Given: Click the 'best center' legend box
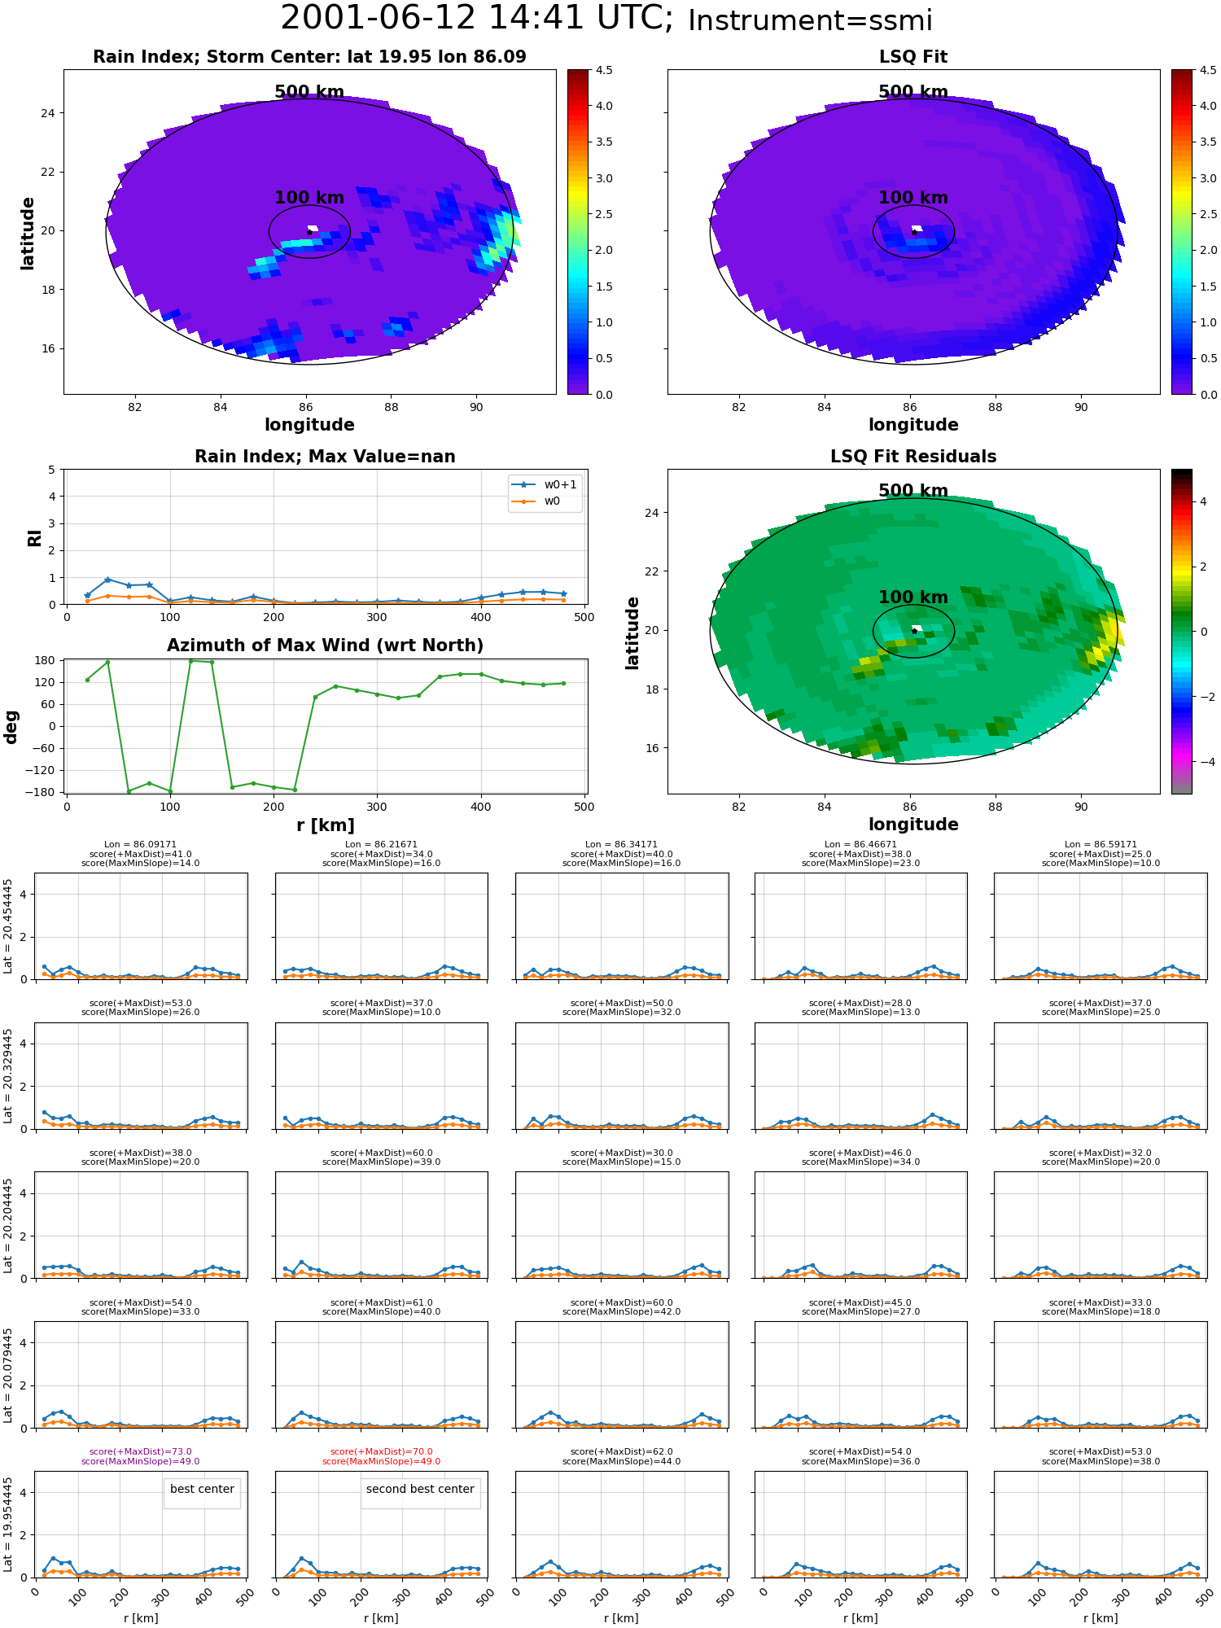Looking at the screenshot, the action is point(202,1493).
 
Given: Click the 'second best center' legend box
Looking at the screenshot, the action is point(420,1493).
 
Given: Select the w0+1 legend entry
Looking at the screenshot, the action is point(545,484).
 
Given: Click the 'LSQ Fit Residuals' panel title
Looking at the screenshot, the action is point(913,457).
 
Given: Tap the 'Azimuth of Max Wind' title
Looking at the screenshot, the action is point(325,646).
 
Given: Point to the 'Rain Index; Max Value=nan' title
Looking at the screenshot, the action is point(325,457).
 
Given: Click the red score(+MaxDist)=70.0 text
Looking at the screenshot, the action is point(381,1451).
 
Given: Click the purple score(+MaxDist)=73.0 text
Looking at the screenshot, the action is point(141,1451).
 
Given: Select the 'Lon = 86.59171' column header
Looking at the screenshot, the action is point(1101,844).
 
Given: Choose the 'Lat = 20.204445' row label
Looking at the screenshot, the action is point(8,1225).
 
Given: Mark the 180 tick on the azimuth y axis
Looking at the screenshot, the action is point(46,660).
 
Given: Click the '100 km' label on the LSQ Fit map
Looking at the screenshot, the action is point(913,198).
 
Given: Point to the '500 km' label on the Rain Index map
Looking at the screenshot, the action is point(309,92).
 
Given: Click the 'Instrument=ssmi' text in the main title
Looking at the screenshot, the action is point(810,21).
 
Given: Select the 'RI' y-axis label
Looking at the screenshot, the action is point(34,537).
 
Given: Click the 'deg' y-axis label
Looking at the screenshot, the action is point(11,727).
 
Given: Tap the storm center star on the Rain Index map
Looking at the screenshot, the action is point(309,232).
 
